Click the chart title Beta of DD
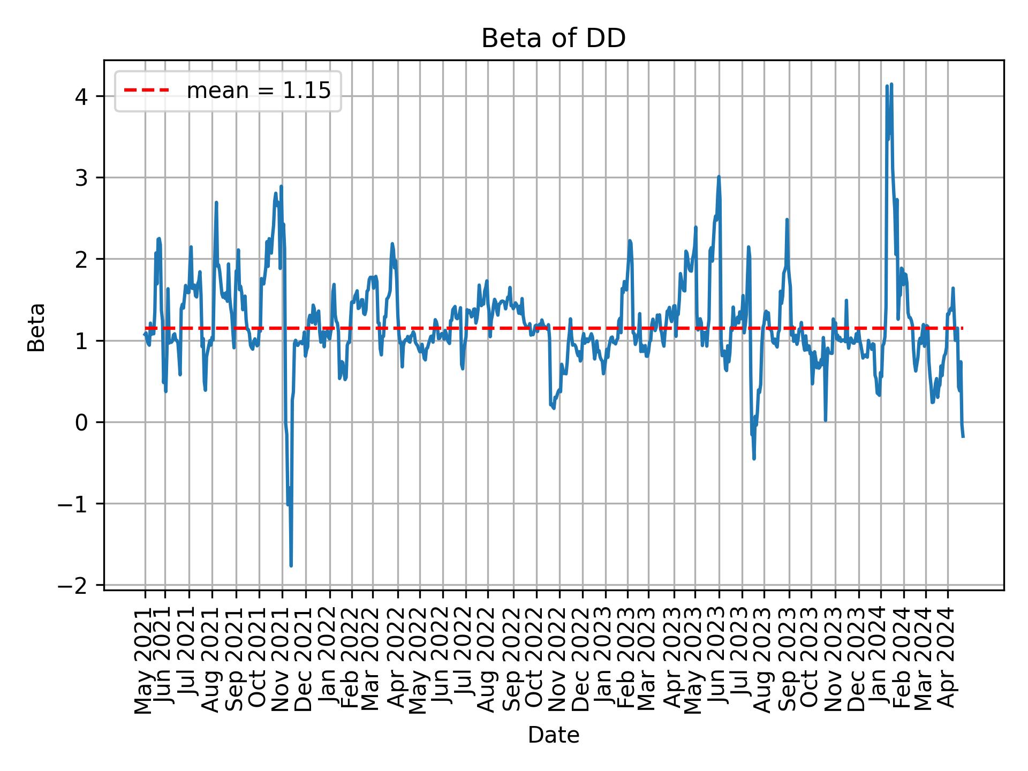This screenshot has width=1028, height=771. pos(553,39)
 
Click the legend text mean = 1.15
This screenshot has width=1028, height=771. pos(259,91)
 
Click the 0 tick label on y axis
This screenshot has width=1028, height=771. pos(82,423)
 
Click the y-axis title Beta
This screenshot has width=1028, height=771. pos(36,327)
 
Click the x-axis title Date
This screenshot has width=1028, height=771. pos(553,736)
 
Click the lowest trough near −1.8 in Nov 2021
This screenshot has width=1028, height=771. pos(291,565)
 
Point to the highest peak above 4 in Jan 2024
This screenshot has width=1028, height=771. pos(891,84)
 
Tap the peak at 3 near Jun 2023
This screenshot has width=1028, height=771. pos(719,177)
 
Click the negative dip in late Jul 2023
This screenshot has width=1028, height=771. pos(754,458)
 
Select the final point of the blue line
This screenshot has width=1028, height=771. pos(963,437)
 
